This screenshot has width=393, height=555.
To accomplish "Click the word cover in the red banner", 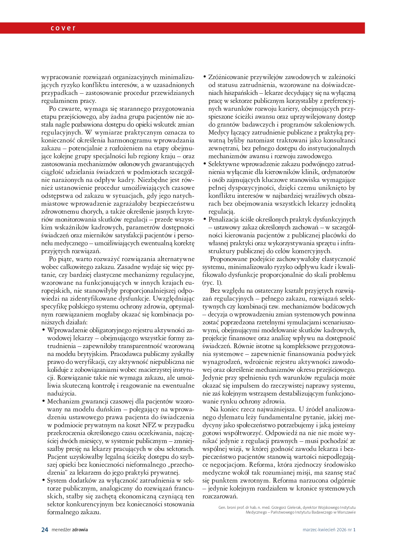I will [63, 28].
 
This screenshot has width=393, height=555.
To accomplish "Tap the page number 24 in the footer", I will [45, 529].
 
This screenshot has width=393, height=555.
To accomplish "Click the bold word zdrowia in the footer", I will [80, 529].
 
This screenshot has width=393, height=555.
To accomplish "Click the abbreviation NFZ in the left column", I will [149, 425].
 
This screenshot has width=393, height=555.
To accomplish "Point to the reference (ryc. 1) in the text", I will [212, 283].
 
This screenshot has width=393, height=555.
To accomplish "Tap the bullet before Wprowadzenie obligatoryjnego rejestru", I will [43, 330].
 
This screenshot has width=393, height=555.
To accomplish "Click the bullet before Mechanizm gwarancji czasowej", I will [43, 401].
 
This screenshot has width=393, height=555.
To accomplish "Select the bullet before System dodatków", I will [43, 480].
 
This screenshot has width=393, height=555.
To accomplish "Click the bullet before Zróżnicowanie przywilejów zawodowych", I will [205, 77].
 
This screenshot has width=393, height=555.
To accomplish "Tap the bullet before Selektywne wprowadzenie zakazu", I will [205, 164].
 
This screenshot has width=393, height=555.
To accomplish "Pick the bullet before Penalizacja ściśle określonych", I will [205, 219].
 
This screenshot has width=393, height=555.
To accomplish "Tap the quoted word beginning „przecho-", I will [176, 465].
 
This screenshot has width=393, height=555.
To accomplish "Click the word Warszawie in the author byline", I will [345, 512].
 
